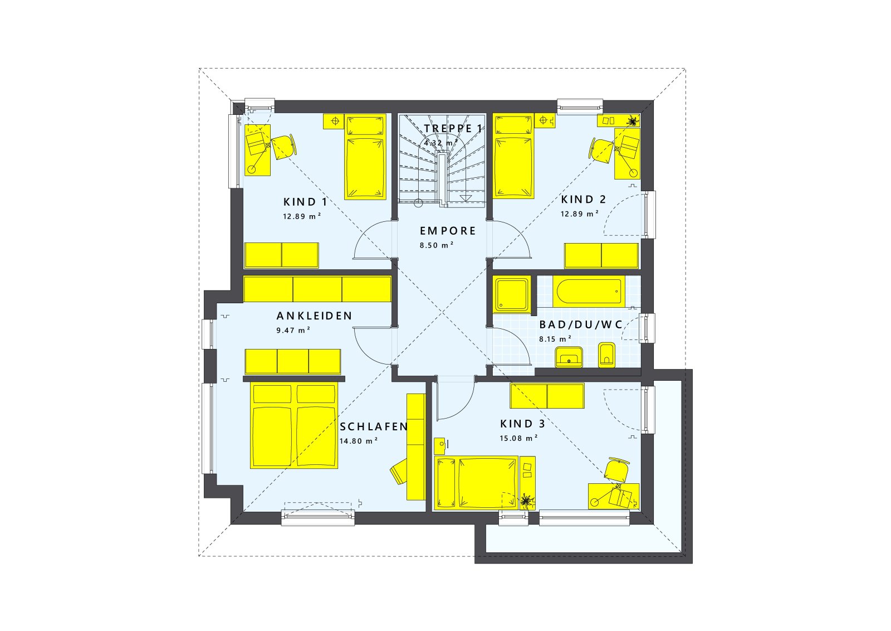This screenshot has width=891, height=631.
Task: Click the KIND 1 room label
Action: click(305, 202)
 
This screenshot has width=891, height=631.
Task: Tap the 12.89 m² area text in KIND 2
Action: click(580, 213)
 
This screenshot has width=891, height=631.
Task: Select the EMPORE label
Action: click(448, 231)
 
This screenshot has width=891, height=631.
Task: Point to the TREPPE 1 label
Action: click(453, 129)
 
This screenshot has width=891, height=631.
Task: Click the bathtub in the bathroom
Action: click(588, 292)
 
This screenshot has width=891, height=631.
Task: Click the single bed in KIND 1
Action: click(365, 157)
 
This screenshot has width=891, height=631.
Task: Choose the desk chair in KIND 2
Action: click(601, 151)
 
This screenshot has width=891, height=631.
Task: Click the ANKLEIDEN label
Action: click(314, 316)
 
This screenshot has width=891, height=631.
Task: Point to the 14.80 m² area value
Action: click(359, 441)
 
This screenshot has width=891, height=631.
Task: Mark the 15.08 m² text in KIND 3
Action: click(518, 438)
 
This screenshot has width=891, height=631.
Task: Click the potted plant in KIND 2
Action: click(633, 120)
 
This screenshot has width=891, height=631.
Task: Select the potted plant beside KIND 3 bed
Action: click(526, 501)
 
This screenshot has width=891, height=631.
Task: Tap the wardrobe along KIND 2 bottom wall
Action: click(601, 256)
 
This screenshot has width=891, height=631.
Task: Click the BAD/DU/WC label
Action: click(581, 325)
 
